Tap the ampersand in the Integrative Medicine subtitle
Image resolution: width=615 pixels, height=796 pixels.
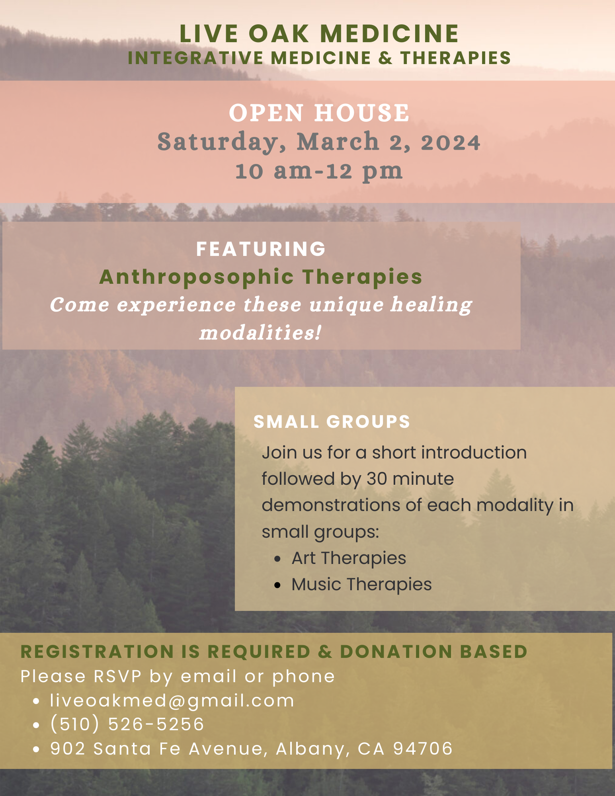385,58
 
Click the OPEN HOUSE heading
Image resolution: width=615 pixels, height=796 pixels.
319,113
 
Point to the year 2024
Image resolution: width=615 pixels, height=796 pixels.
451,142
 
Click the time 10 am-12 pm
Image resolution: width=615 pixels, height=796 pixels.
319,171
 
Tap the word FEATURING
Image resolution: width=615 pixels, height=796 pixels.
261,249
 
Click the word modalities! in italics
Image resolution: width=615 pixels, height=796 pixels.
260,333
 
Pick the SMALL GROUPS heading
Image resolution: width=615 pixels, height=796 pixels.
332,422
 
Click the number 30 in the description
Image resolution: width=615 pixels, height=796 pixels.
377,479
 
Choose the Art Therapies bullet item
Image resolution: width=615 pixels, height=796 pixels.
349,558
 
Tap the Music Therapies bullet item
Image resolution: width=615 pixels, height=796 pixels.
361,585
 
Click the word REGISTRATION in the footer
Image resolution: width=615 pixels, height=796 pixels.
98,652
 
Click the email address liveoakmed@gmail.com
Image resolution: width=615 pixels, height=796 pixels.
172,700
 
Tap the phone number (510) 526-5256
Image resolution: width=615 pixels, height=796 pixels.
127,724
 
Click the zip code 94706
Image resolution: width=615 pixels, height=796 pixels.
423,749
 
